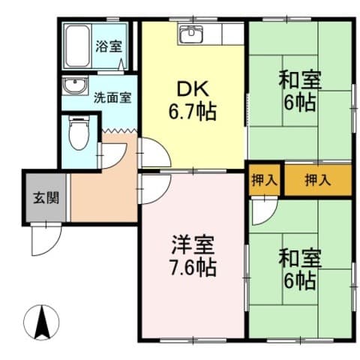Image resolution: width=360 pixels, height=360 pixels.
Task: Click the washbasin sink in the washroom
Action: point(75,86)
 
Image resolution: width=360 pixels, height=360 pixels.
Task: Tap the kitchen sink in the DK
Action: point(191,34)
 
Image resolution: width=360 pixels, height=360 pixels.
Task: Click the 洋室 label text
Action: point(191,244)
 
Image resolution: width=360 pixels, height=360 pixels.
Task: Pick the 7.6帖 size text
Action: point(192,268)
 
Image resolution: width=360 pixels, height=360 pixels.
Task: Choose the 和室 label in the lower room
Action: point(300,258)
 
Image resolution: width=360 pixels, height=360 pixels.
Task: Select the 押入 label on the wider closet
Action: point(316,179)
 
